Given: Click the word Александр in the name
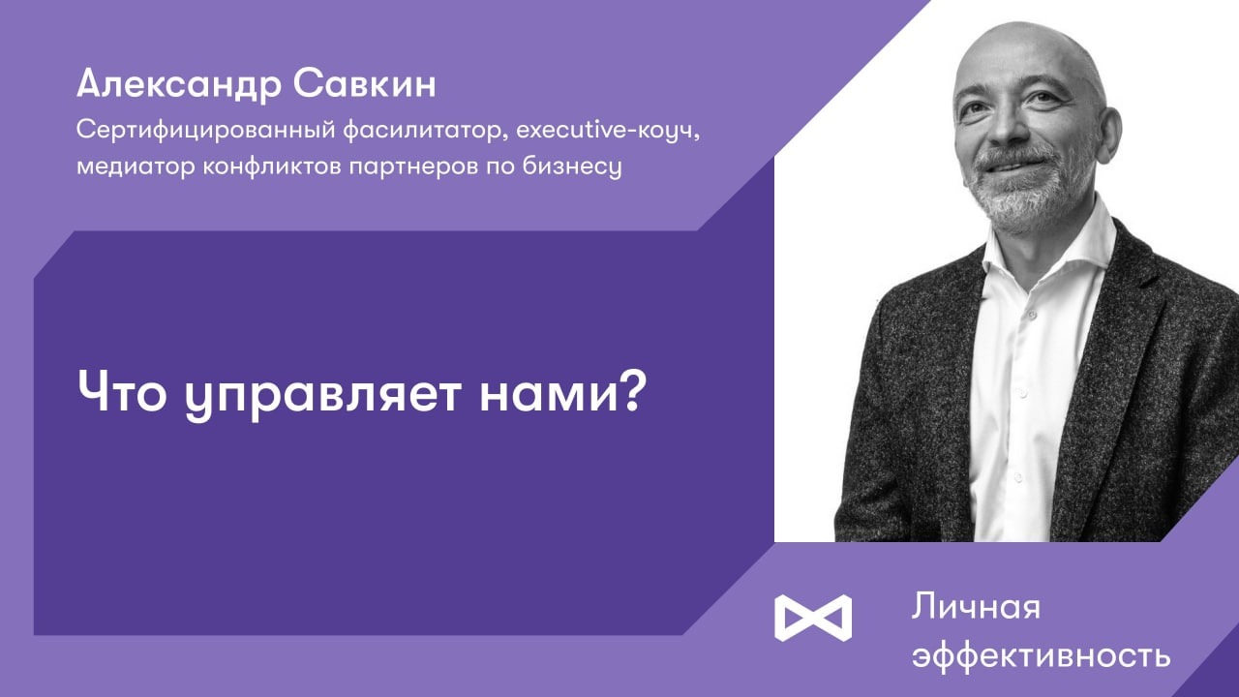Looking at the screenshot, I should [175, 85].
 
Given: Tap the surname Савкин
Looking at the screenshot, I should [363, 85].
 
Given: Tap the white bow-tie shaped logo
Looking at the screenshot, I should [813, 617].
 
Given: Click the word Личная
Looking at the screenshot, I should [975, 608].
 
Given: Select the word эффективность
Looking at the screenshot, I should [1041, 655].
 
